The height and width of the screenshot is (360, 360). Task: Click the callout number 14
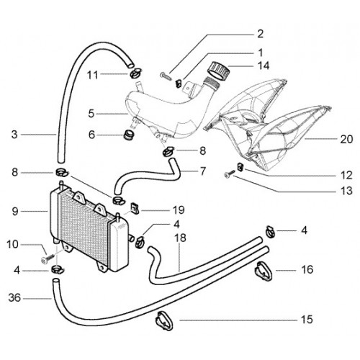(x=264, y=66)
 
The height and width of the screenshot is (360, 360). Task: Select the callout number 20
(x=346, y=139)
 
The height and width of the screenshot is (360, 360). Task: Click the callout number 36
(x=14, y=298)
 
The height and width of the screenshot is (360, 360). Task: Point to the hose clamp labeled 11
(x=136, y=73)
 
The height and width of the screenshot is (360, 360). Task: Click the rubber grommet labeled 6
(x=129, y=135)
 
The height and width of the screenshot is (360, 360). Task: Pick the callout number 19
(x=179, y=210)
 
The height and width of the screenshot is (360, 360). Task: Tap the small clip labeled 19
(x=135, y=209)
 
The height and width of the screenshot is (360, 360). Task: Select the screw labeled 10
(x=48, y=258)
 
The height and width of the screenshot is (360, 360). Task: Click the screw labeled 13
(x=230, y=174)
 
